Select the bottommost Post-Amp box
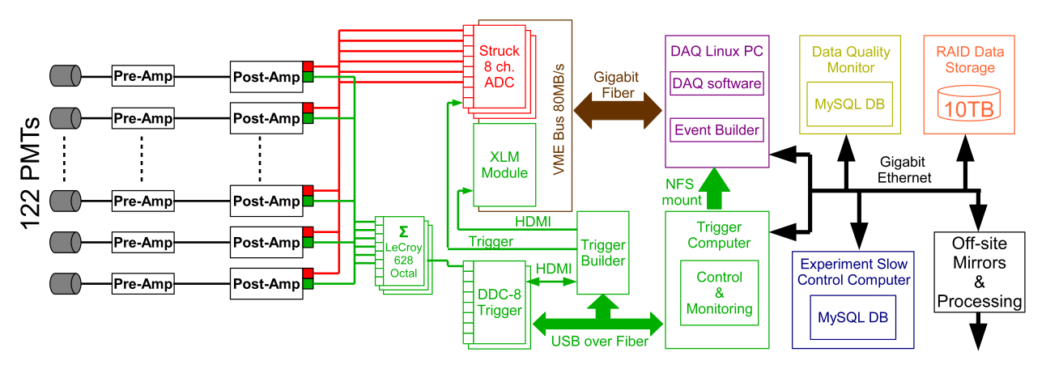(x=266, y=284)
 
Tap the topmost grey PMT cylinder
(x=66, y=76)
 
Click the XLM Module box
(x=504, y=164)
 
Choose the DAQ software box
(x=716, y=83)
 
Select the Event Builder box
(x=716, y=129)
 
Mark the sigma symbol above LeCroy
(x=403, y=232)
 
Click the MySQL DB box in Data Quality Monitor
(x=848, y=104)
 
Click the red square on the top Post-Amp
(x=308, y=66)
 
